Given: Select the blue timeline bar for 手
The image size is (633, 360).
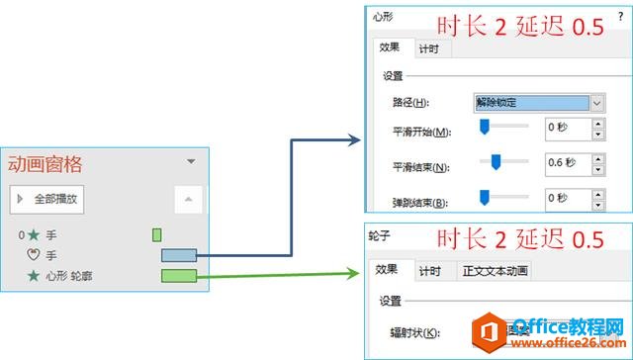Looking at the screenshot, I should pyautogui.click(x=179, y=256).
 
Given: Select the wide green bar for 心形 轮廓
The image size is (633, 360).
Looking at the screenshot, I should pyautogui.click(x=179, y=274).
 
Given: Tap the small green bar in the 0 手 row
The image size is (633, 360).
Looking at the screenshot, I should pyautogui.click(x=156, y=235).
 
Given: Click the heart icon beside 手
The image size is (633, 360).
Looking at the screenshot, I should pyautogui.click(x=34, y=255).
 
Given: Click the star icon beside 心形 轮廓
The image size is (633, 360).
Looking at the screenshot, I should pyautogui.click(x=34, y=274).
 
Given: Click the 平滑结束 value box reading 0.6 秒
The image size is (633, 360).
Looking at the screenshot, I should pyautogui.click(x=567, y=161).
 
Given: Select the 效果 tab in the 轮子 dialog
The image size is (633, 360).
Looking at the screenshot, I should pyautogui.click(x=387, y=271).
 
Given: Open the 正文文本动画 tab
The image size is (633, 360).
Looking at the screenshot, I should pyautogui.click(x=496, y=271).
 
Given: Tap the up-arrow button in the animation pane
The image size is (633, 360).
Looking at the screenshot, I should pyautogui.click(x=187, y=199).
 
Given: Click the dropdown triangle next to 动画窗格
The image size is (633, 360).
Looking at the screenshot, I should pyautogui.click(x=191, y=161).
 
